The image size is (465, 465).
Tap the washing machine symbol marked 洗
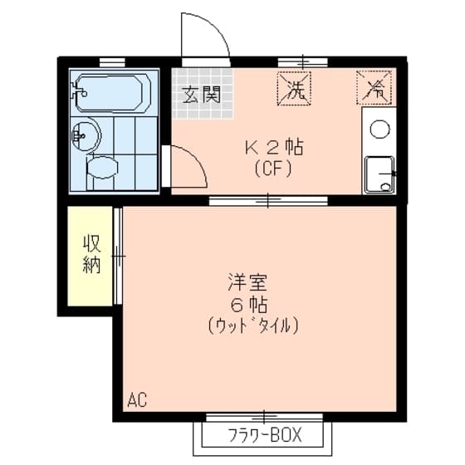coord(295,89)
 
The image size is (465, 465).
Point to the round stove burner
coord(379,129)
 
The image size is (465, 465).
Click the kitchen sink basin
coord(380,173)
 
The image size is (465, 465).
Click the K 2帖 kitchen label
coord(272,149)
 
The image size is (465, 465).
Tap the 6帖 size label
coord(251,302)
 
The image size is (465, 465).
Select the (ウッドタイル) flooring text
coord(252,325)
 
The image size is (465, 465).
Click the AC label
coord(137,400)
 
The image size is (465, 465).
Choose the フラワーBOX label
coord(264,435)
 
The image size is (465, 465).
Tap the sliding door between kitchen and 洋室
coord(267,199)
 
